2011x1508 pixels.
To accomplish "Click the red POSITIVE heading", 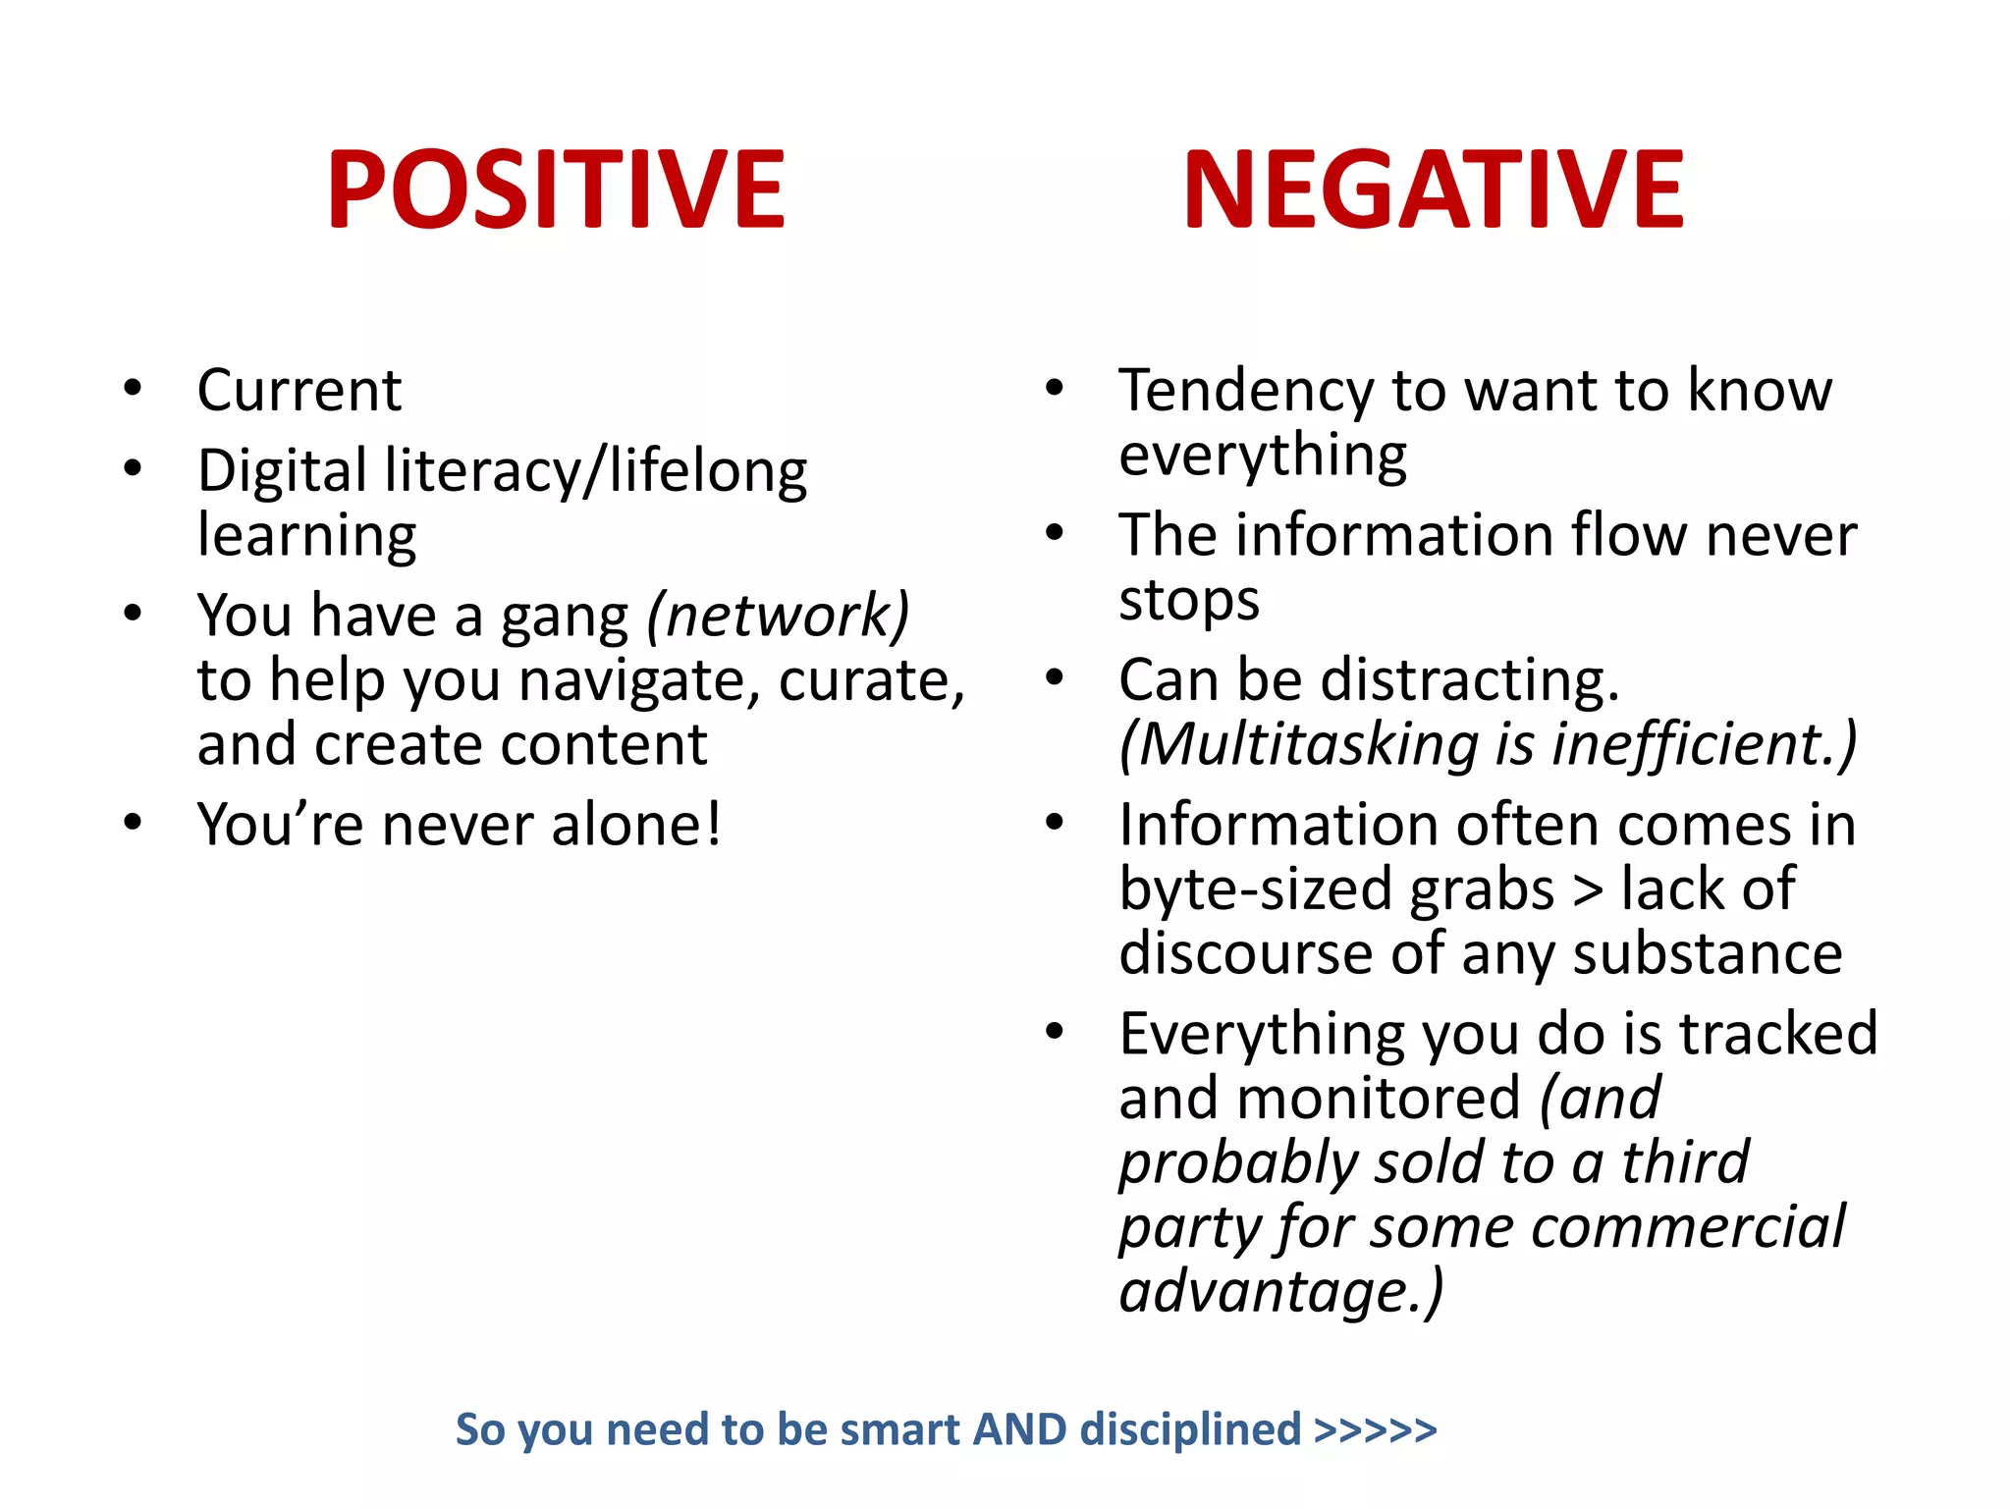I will coord(556,188).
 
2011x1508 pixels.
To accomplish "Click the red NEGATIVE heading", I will coord(1434,188).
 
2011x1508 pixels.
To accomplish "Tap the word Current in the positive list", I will coord(299,391).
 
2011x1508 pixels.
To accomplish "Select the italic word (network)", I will coord(778,616).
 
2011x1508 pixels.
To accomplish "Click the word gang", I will coord(565,618).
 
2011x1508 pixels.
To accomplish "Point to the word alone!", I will coord(636,825).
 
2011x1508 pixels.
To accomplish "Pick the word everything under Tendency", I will coord(1263,456).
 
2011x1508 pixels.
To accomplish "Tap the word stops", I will coord(1189,600).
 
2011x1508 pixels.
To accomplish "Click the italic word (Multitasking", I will coord(1298,744).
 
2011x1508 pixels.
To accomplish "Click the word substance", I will coord(1708,953).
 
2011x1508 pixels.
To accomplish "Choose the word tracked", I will coord(1778,1034).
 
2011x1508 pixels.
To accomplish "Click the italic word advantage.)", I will coord(1281,1292).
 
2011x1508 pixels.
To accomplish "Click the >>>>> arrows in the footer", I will coord(1376,1429).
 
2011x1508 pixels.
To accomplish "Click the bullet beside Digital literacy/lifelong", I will coord(134,469).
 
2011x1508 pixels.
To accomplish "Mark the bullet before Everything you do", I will coord(1055,1032).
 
